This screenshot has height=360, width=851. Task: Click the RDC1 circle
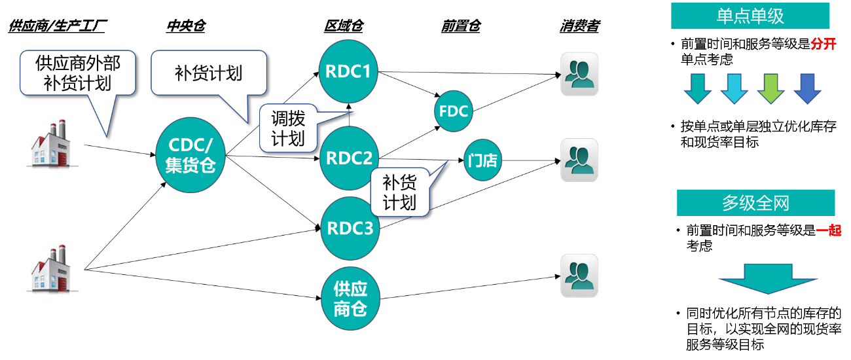tap(348, 71)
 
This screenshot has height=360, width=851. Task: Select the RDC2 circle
tap(349, 158)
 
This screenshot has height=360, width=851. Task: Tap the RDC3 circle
tap(350, 228)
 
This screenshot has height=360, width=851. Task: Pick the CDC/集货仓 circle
tap(190, 154)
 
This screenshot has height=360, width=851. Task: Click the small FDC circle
tap(454, 111)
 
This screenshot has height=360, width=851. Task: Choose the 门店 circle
tap(483, 160)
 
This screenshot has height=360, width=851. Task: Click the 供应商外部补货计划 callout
tap(77, 73)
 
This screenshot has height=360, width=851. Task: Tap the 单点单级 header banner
tap(750, 16)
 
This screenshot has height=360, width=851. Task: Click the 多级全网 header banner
tap(755, 203)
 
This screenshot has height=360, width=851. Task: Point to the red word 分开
tap(823, 45)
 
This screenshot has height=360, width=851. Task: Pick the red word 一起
tap(828, 230)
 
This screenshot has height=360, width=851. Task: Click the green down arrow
tap(770, 88)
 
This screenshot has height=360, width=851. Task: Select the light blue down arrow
tap(734, 88)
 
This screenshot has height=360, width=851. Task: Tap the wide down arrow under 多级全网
tap(768, 278)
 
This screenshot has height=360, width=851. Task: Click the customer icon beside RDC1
tap(579, 74)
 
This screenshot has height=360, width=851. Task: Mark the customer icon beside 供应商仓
tap(579, 276)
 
